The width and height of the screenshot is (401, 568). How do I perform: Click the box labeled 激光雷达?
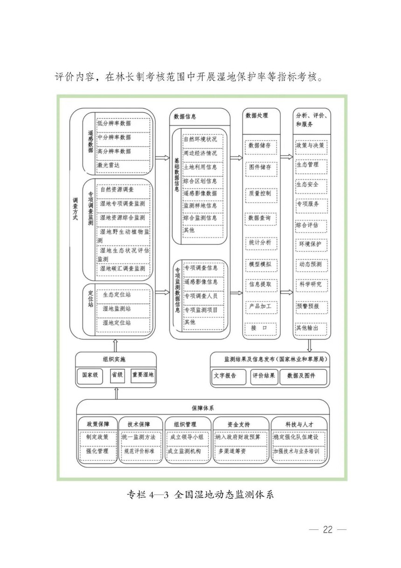pyautogui.click(x=123, y=166)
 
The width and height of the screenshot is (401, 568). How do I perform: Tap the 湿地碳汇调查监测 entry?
pyautogui.click(x=123, y=270)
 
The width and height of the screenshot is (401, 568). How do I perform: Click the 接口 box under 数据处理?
pyautogui.click(x=261, y=329)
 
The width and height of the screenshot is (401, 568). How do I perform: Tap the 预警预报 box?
pyautogui.click(x=312, y=307)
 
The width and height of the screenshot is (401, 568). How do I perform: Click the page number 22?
pyautogui.click(x=328, y=529)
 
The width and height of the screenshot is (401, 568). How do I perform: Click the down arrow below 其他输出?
pyautogui.click(x=309, y=345)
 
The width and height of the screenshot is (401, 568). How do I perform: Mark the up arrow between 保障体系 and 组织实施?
pyautogui.click(x=117, y=393)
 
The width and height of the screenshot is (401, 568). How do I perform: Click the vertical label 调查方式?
pyautogui.click(x=75, y=209)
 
